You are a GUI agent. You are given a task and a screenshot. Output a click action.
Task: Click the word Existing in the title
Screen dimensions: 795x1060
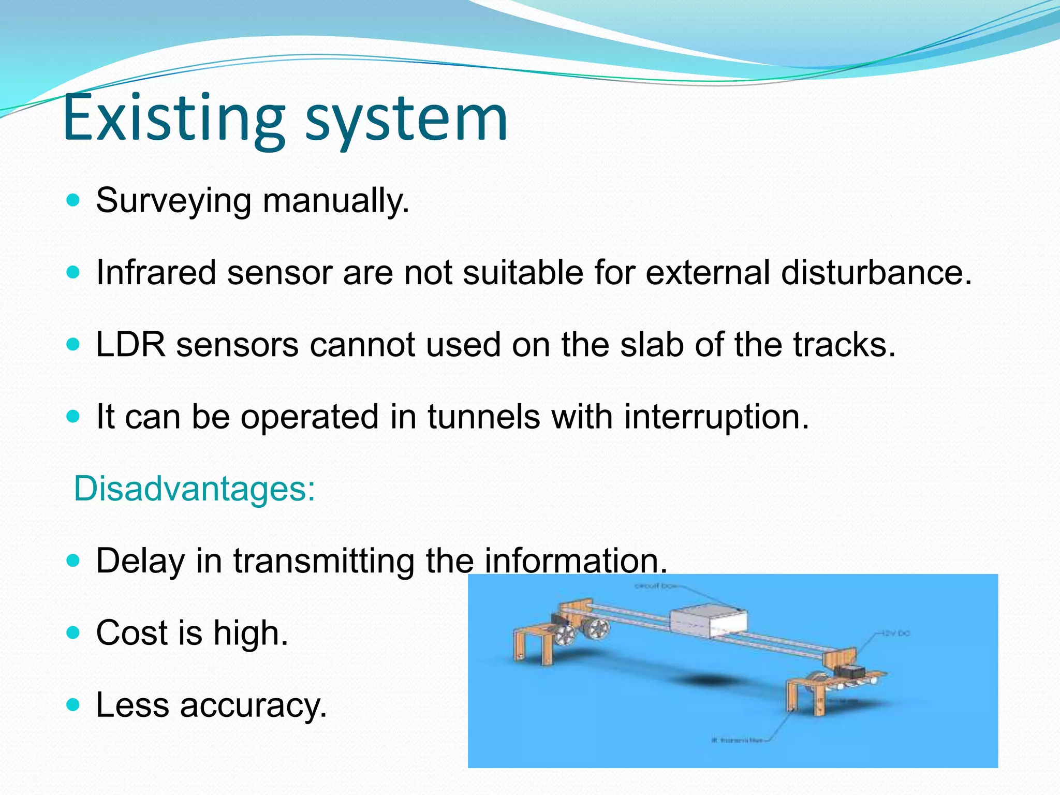click(x=173, y=118)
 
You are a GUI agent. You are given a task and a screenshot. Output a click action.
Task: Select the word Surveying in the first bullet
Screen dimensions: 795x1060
click(x=173, y=201)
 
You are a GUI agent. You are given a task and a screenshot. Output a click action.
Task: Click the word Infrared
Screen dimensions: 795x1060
click(x=156, y=272)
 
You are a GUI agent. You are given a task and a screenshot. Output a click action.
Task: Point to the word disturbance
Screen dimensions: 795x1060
click(x=876, y=272)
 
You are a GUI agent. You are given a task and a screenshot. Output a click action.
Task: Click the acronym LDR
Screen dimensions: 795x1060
click(x=130, y=345)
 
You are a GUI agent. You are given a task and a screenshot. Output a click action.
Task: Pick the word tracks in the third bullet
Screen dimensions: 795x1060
click(x=844, y=345)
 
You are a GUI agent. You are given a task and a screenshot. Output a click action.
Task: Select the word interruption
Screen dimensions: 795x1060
click(x=716, y=418)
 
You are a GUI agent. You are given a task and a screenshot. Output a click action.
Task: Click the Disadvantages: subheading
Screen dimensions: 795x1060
click(x=195, y=489)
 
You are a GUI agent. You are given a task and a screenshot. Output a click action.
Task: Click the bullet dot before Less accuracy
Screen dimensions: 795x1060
click(x=74, y=704)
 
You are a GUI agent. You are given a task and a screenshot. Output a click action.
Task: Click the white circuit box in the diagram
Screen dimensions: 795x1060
click(x=709, y=621)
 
